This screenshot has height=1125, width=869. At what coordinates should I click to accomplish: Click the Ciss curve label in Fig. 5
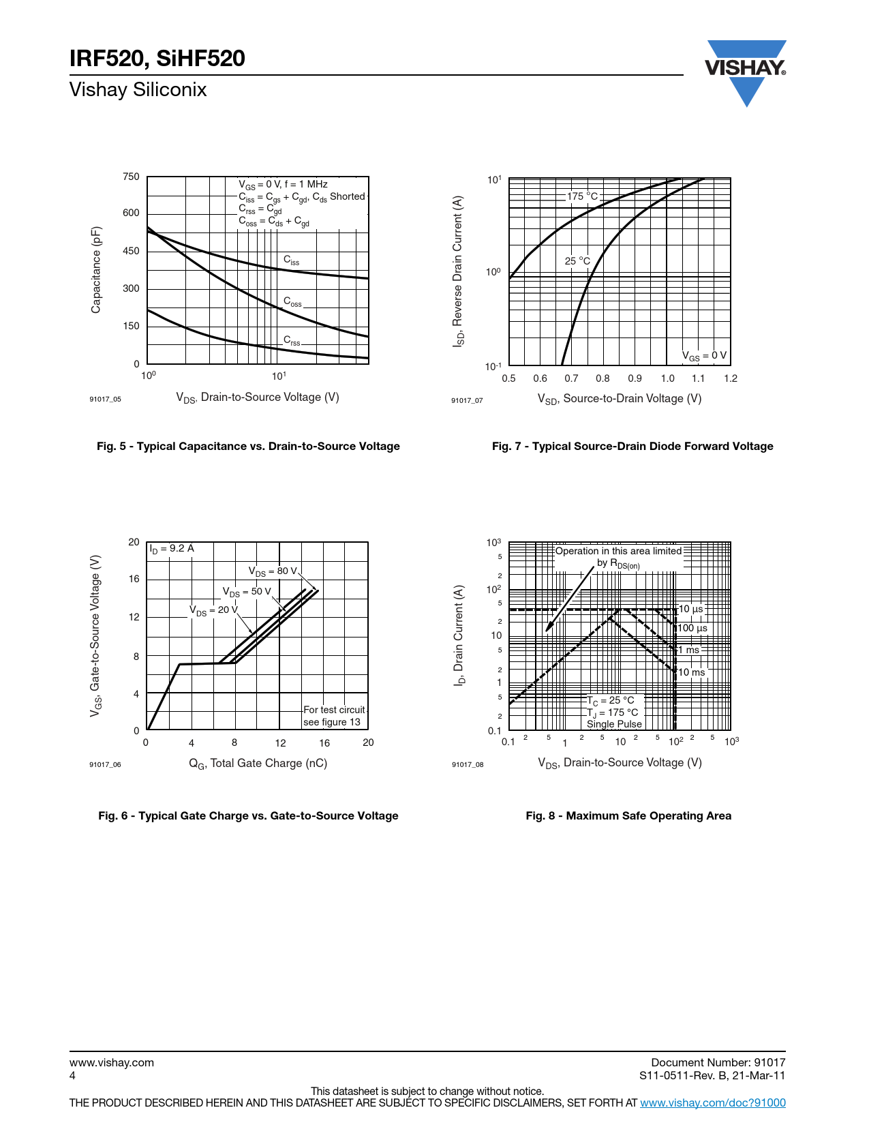pyautogui.click(x=291, y=260)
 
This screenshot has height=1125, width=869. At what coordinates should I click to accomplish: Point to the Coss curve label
pyautogui.click(x=292, y=301)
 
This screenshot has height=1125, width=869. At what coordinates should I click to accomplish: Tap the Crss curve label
pyautogui.click(x=292, y=340)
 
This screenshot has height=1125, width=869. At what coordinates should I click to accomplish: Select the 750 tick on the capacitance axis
pyautogui.click(x=131, y=177)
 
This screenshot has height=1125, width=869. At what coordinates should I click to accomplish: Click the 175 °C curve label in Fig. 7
pyautogui.click(x=583, y=196)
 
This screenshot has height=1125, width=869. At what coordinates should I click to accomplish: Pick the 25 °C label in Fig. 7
pyautogui.click(x=577, y=260)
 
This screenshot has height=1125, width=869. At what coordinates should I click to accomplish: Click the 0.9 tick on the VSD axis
pyautogui.click(x=635, y=378)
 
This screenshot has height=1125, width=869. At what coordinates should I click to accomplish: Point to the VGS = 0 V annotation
pyautogui.click(x=704, y=356)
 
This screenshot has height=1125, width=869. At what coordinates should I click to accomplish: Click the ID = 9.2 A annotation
pyautogui.click(x=172, y=548)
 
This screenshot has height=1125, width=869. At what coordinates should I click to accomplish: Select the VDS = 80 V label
pyautogui.click(x=273, y=571)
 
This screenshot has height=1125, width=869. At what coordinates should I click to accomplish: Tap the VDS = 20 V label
pyautogui.click(x=213, y=610)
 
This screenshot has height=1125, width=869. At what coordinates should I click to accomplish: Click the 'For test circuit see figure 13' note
pyautogui.click(x=334, y=716)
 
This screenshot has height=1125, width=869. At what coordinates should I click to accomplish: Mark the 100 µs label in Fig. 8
pyautogui.click(x=692, y=628)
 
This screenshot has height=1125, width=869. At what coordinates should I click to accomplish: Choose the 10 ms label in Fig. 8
pyautogui.click(x=692, y=672)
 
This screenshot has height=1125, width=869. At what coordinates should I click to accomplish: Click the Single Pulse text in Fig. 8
pyautogui.click(x=614, y=724)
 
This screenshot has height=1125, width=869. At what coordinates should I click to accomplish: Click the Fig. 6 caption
pyautogui.click(x=248, y=815)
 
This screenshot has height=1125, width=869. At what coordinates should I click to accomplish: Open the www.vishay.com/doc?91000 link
pyautogui.click(x=712, y=1102)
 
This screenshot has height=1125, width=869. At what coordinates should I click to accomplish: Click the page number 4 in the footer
pyautogui.click(x=72, y=1075)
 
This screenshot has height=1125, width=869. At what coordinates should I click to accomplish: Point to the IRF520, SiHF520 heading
pyautogui.click(x=157, y=59)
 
